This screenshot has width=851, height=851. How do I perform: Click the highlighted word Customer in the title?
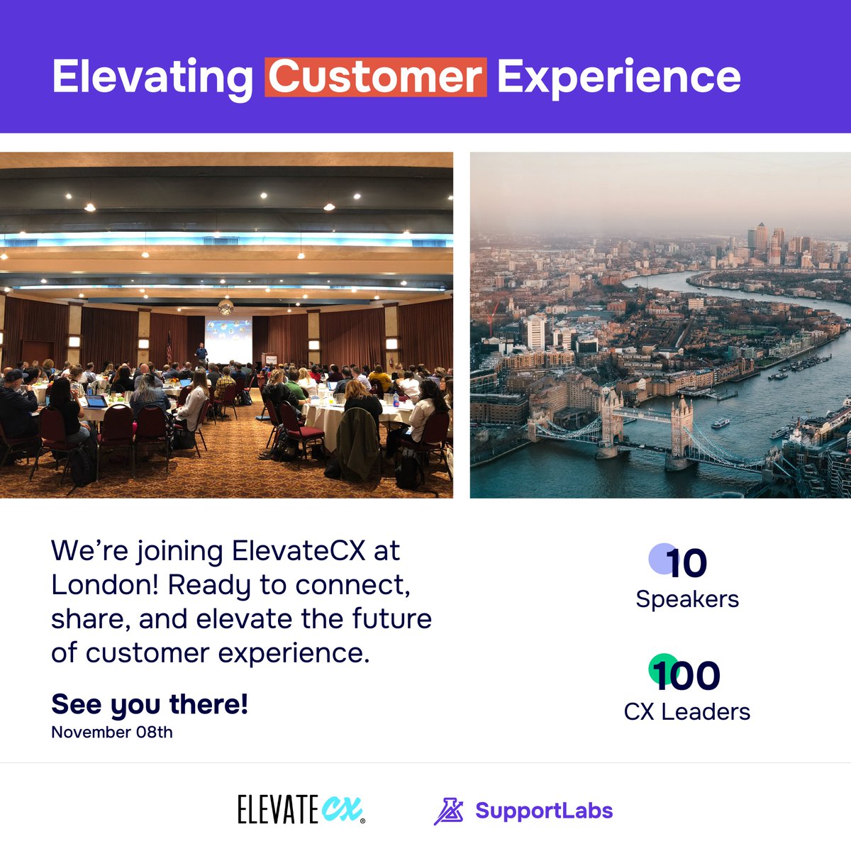(376, 77)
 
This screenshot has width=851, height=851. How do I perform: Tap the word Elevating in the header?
(152, 77)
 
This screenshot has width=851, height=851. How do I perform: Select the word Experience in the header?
(618, 77)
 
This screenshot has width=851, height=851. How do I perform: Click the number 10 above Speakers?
(686, 564)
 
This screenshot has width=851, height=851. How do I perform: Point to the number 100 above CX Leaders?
(686, 676)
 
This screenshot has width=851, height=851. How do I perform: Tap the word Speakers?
(686, 599)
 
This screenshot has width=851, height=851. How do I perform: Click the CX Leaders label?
(686, 711)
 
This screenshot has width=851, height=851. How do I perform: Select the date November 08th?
(112, 733)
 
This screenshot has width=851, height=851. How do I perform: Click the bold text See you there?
(150, 704)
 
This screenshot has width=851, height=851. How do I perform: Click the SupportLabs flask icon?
(448, 811)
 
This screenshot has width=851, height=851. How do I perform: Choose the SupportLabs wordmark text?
(543, 811)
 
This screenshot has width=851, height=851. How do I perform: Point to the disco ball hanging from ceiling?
(226, 306)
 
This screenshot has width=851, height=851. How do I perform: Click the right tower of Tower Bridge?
(682, 429)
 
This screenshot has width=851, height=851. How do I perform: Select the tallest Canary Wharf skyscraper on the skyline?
(762, 238)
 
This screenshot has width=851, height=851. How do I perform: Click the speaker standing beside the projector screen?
(201, 353)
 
